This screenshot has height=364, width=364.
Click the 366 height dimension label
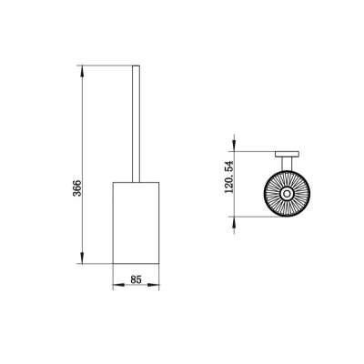pyautogui.click(x=77, y=188)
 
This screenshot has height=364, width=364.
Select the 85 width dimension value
pyautogui.click(x=136, y=279)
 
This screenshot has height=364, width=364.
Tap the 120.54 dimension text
pyautogui.click(x=229, y=177)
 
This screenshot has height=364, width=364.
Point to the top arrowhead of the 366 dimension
pyautogui.click(x=82, y=71)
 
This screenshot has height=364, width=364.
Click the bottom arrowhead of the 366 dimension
pyautogui.click(x=82, y=258)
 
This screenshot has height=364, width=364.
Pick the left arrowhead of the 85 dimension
pyautogui.click(x=118, y=285)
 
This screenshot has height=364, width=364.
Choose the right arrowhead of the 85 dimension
pyautogui.click(x=154, y=285)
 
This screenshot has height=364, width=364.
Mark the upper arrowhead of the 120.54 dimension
pyautogui.click(x=234, y=146)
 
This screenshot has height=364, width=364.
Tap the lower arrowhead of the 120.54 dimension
pyautogui.click(x=234, y=222)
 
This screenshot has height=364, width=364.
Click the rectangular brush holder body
pyautogui.click(x=136, y=223)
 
